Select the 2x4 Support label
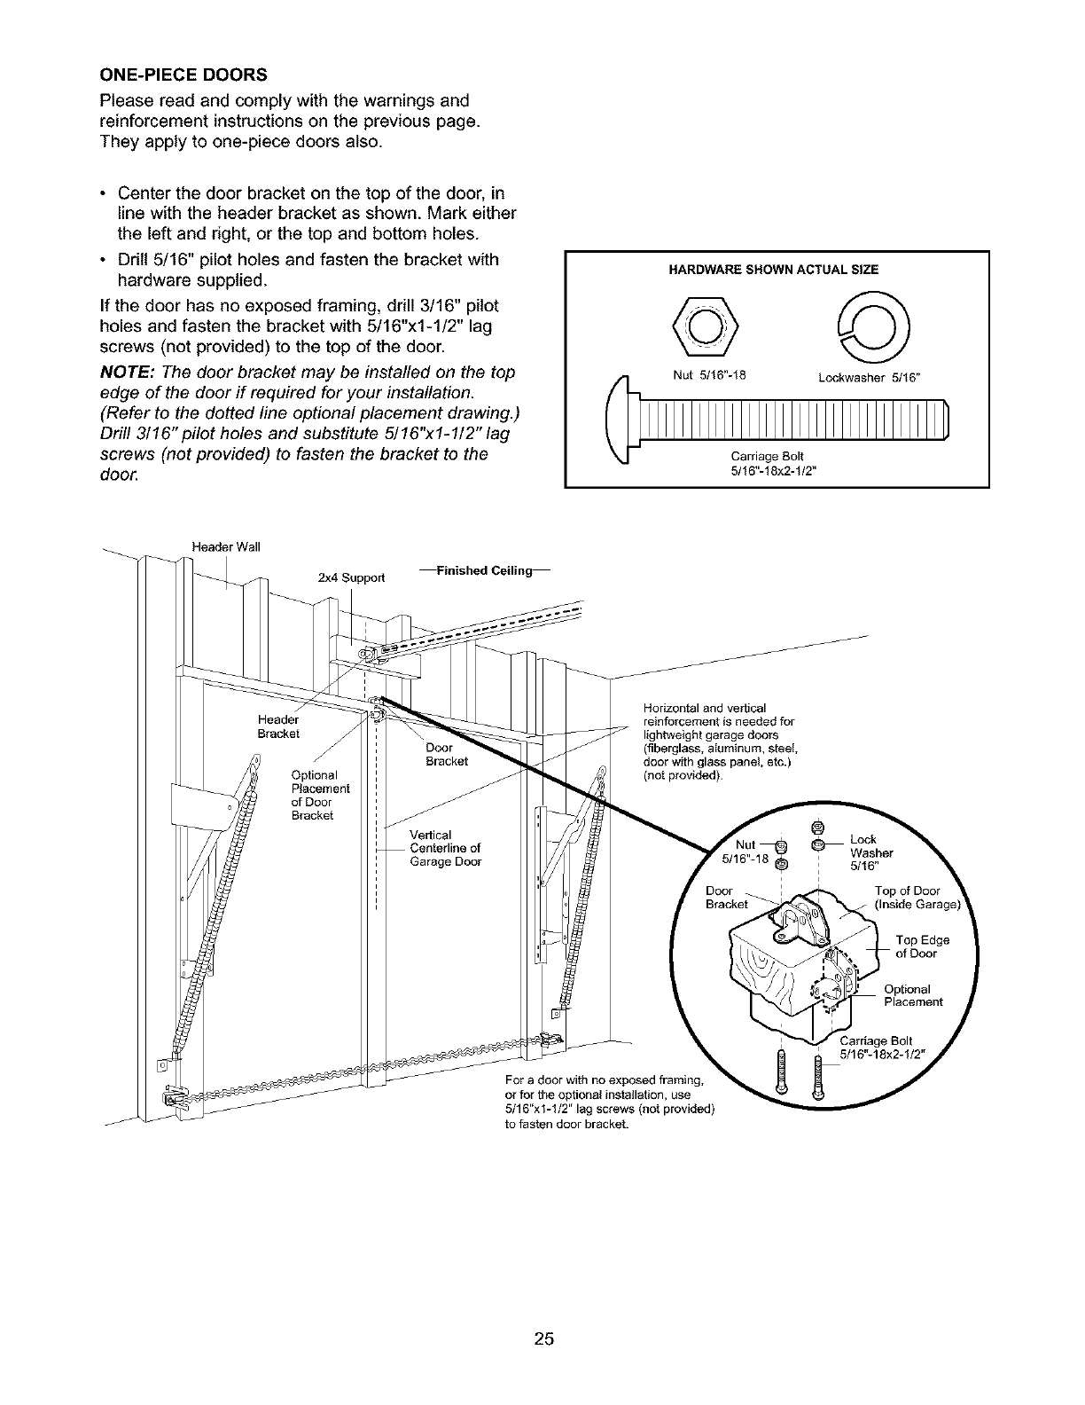click(x=351, y=577)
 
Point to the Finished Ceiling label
click(x=483, y=570)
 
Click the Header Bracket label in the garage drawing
click(x=278, y=726)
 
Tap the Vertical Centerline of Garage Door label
click(x=445, y=848)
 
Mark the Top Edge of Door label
click(x=922, y=946)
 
